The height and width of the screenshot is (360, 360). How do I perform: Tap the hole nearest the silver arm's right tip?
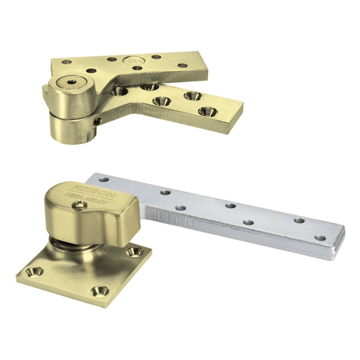[320, 238]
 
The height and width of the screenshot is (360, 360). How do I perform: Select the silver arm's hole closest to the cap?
[104, 180]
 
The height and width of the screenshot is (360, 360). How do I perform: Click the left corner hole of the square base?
[34, 271]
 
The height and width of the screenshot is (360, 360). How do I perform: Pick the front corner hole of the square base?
[98, 291]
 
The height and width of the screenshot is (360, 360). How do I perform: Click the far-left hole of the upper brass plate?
[67, 62]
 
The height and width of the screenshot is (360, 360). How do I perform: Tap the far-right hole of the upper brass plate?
[182, 66]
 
